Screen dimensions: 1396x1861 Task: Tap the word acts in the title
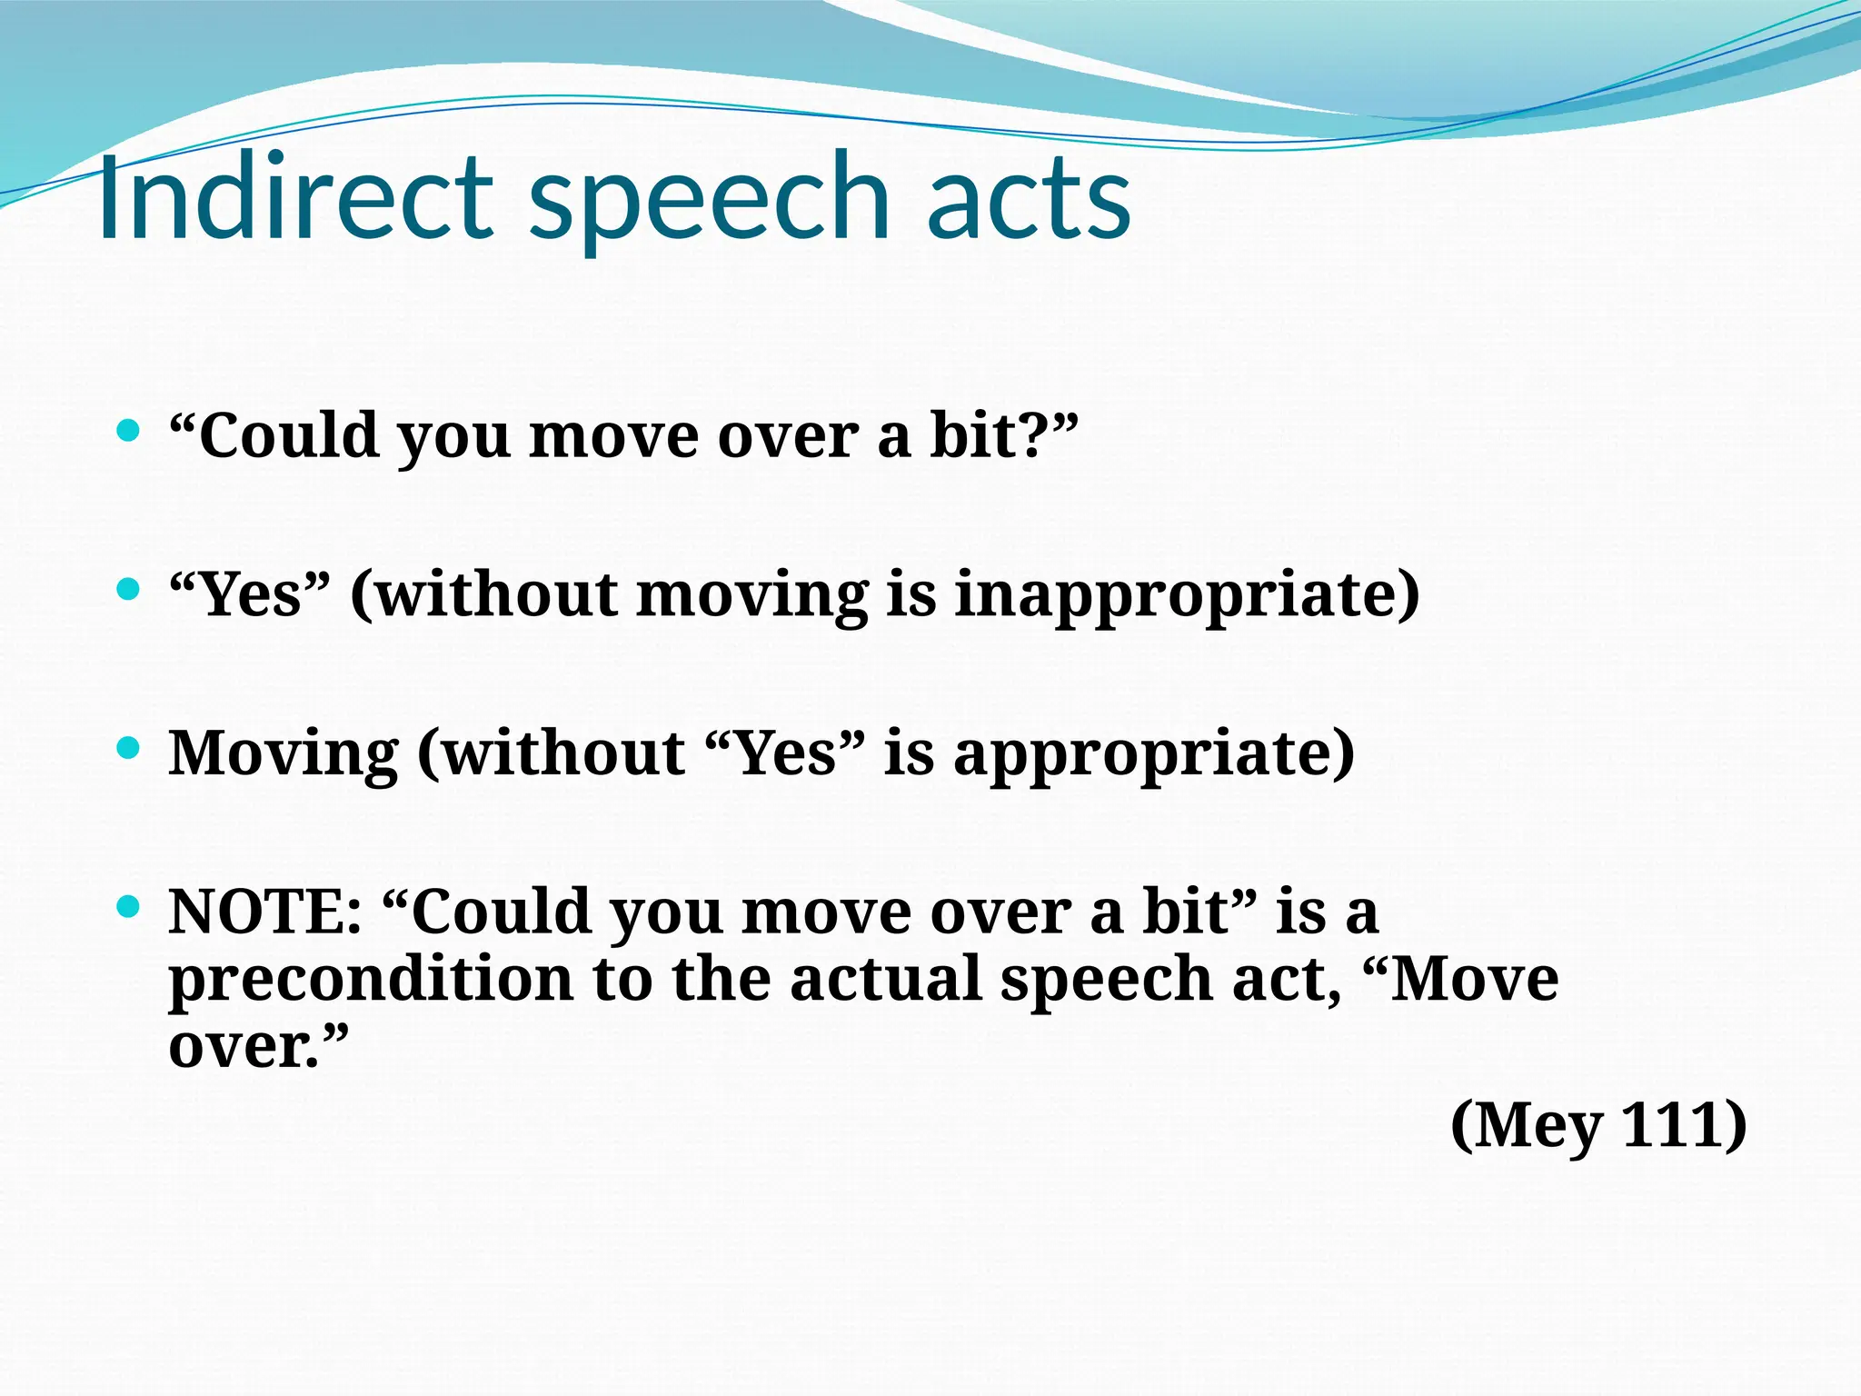[1029, 197]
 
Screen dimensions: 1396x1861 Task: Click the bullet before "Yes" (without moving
[129, 589]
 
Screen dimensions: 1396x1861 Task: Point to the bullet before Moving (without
[129, 748]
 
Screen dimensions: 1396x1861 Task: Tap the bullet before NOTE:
[129, 906]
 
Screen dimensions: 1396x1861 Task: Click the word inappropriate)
[1187, 595]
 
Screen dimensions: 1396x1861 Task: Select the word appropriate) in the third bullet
[1153, 754]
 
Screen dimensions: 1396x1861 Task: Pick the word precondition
[371, 980]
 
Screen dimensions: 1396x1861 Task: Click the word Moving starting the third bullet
[283, 754]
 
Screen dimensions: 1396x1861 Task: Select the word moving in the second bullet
[751, 595]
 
